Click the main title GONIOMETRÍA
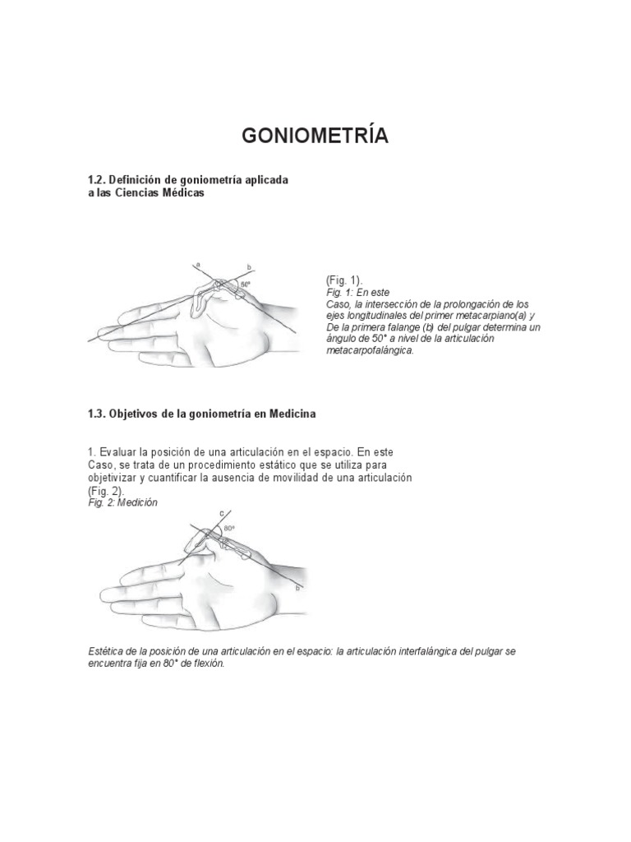click(x=315, y=136)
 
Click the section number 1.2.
click(x=98, y=179)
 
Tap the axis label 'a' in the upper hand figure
click(x=198, y=264)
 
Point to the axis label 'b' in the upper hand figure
click(x=248, y=267)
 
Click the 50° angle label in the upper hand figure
click(x=246, y=285)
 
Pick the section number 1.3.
click(x=98, y=414)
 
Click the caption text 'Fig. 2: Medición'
click(x=122, y=502)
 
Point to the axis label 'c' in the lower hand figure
click(x=220, y=514)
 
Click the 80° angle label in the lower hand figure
click(x=229, y=529)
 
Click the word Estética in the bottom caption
click(x=108, y=651)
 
